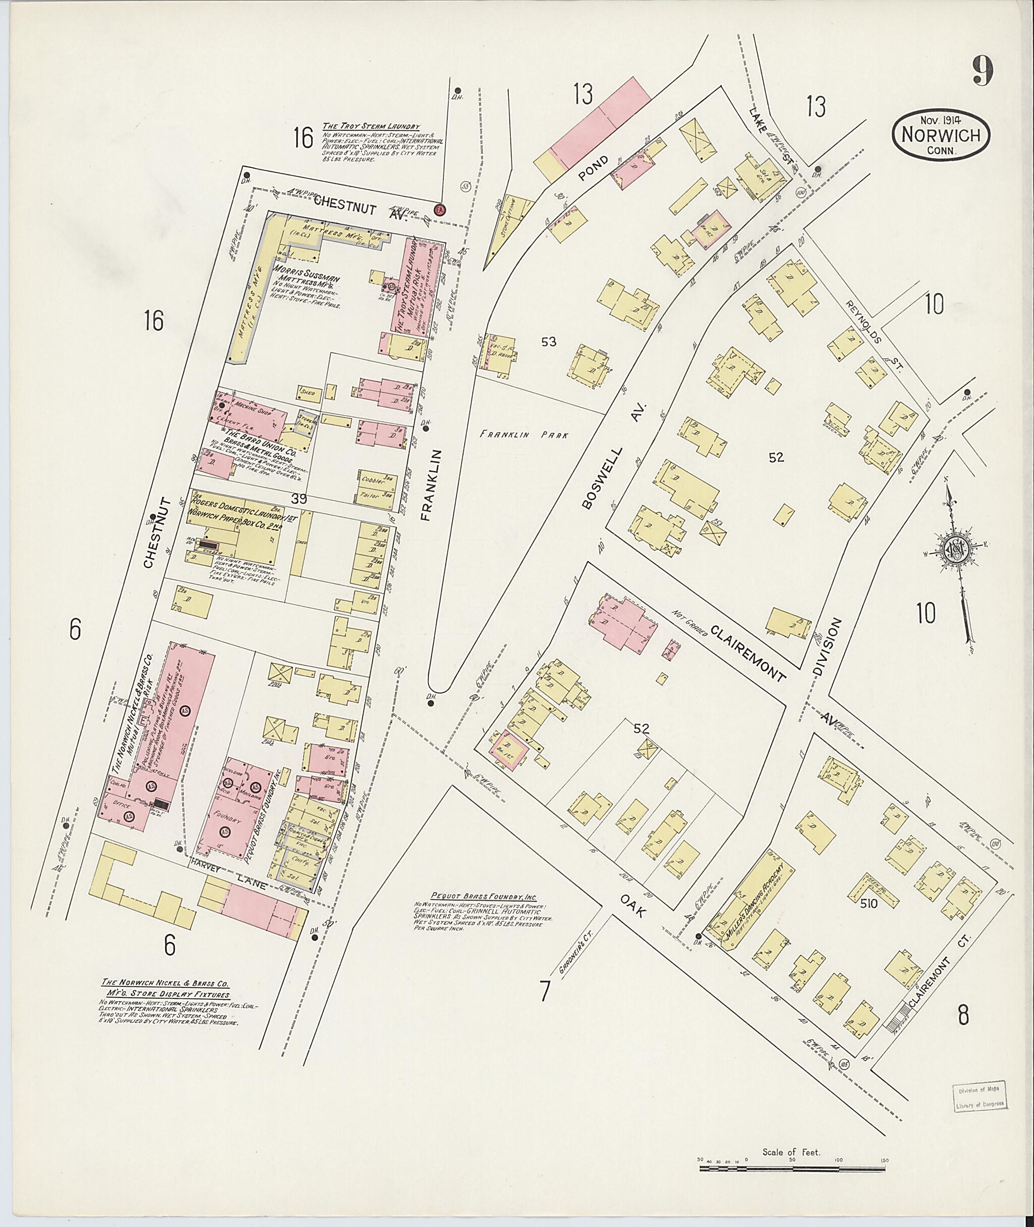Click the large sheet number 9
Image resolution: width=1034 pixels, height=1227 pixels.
click(983, 72)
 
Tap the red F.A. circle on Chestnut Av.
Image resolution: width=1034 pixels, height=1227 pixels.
click(439, 210)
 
